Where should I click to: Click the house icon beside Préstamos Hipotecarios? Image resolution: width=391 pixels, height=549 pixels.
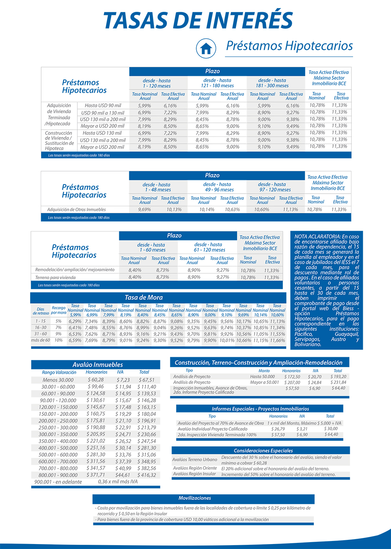(206, 48)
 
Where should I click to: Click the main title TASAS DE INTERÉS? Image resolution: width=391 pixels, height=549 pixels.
(198, 21)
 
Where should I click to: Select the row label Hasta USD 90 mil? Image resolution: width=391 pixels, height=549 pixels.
(103, 106)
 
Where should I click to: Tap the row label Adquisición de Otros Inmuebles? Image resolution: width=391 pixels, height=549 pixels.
(77, 210)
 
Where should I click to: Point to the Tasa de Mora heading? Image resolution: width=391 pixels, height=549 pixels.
(144, 298)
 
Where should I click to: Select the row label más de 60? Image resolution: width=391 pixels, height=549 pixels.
(40, 340)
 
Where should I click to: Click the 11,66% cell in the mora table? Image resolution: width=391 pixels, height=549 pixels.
(277, 340)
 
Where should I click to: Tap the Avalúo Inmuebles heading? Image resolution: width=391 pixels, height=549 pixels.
(98, 365)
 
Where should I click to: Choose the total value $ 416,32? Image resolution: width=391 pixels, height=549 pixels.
(147, 475)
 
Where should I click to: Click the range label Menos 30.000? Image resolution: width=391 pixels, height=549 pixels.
(58, 380)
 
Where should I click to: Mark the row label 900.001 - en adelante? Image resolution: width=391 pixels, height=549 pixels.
(58, 482)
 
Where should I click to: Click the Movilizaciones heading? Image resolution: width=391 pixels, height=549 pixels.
(195, 498)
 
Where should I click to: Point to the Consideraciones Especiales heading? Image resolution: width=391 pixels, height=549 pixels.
(263, 451)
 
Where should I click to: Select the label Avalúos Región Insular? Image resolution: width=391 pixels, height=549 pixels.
(194, 474)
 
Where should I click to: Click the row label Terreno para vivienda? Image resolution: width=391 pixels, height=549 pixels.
(56, 278)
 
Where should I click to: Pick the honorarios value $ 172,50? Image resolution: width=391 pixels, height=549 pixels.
(292, 377)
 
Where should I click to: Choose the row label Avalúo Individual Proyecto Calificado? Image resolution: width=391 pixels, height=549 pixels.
(213, 429)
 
